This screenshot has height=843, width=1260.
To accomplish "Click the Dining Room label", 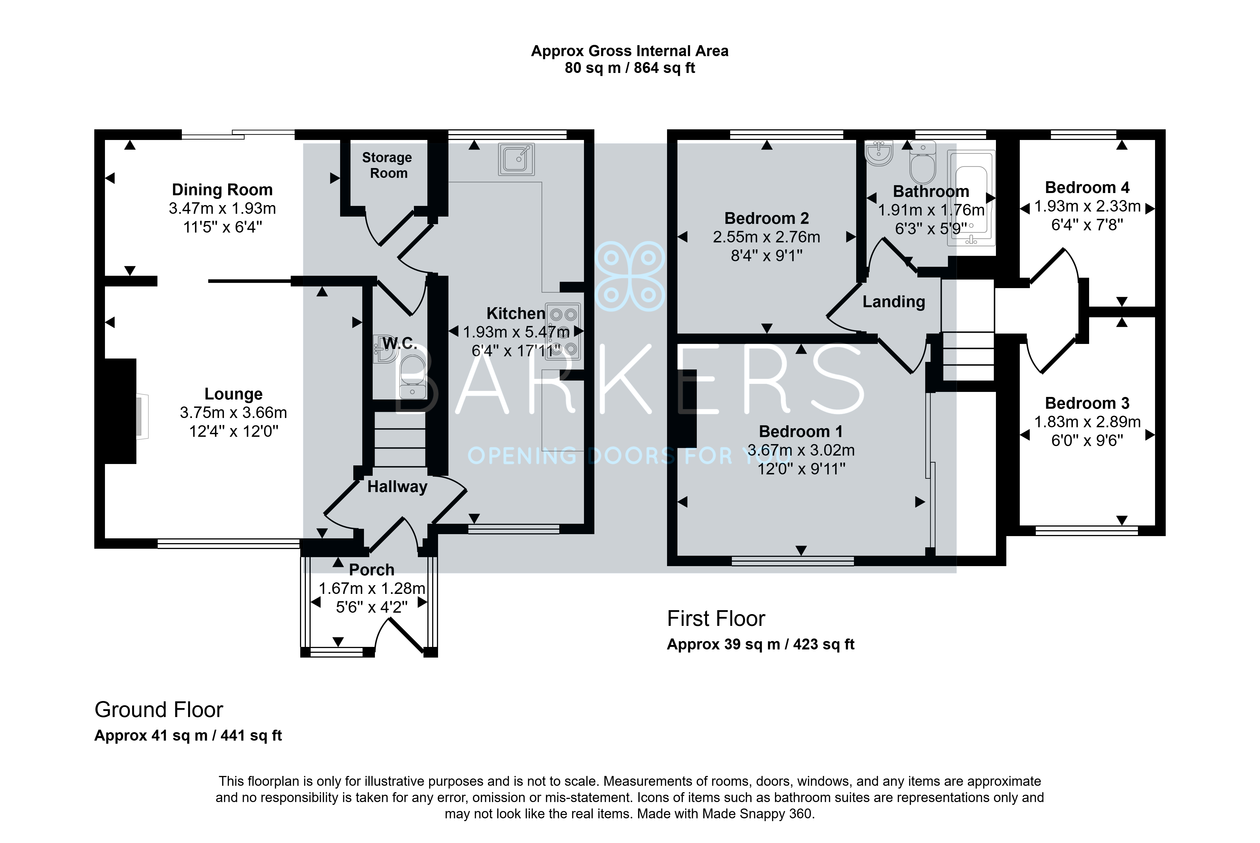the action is tap(222, 190).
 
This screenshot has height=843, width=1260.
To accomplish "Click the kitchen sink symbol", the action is tap(516, 159).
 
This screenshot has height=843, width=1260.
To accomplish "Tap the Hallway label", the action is tap(397, 486).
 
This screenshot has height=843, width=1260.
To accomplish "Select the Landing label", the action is tap(894, 302).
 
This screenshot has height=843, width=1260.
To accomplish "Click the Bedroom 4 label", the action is tap(1087, 188).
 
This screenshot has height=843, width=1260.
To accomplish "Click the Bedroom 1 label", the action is tap(801, 432).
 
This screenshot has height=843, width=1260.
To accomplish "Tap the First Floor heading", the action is tap(716, 619).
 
